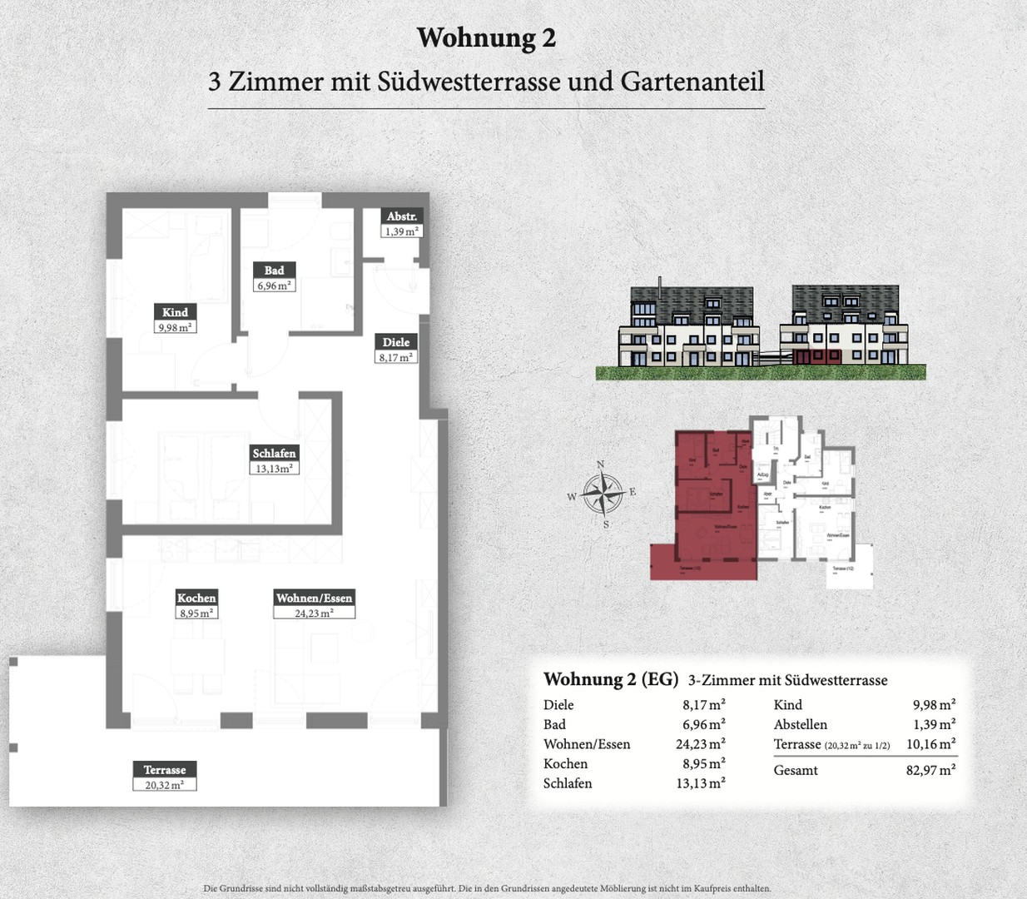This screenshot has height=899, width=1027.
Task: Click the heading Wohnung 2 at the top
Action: coord(486,37)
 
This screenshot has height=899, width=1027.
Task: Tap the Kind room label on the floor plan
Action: coord(175,312)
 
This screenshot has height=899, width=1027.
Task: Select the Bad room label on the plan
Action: coord(274,270)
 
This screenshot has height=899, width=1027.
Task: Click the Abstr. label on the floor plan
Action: coord(402,216)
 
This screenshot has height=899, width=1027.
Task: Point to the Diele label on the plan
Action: coord(395,342)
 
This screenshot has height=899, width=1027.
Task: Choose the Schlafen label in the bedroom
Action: coord(274,454)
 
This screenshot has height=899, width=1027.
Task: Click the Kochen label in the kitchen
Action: coord(196,598)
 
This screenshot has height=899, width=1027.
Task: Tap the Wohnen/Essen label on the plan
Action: coord(314,598)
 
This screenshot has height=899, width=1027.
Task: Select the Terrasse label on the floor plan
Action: coord(165,770)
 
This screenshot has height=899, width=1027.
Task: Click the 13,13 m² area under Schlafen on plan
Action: coord(274,469)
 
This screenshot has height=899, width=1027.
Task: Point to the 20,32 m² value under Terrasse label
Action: coord(165,785)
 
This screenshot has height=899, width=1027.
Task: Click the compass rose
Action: coord(602,494)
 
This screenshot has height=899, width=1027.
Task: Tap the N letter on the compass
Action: coord(601,465)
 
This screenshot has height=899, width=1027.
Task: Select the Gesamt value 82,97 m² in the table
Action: coord(930,770)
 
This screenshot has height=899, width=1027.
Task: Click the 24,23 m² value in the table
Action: coord(700,744)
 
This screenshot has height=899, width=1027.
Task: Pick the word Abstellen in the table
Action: coord(800,724)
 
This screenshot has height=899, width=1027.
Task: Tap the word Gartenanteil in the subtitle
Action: coord(692,82)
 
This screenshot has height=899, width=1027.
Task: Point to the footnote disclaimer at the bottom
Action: coord(487,888)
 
